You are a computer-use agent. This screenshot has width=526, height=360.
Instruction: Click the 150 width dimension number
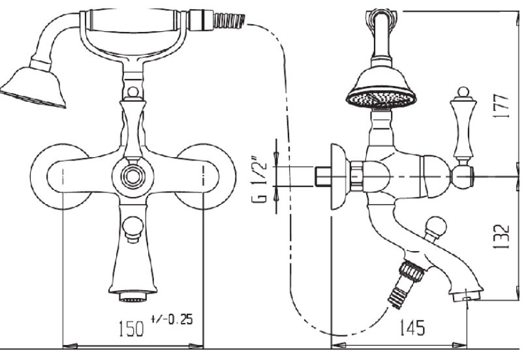click(x=131, y=329)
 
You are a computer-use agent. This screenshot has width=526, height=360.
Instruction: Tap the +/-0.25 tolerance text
click(x=172, y=320)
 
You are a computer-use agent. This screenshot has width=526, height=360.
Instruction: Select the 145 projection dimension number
click(x=412, y=327)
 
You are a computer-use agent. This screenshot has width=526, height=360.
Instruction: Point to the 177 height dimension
click(x=501, y=106)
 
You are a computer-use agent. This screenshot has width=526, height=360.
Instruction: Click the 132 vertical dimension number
click(x=501, y=237)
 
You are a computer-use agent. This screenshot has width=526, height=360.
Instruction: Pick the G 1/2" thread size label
click(x=259, y=179)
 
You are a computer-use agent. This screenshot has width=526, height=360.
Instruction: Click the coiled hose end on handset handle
click(x=230, y=20)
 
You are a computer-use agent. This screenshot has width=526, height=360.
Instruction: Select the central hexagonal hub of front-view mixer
click(x=133, y=176)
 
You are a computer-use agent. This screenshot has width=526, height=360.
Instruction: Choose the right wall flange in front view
click(x=206, y=177)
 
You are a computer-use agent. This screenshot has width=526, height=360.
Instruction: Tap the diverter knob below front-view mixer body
click(x=133, y=229)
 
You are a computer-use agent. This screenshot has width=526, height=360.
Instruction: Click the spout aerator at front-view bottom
click(x=133, y=297)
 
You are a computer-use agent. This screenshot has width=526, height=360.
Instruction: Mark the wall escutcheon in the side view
click(x=340, y=177)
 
